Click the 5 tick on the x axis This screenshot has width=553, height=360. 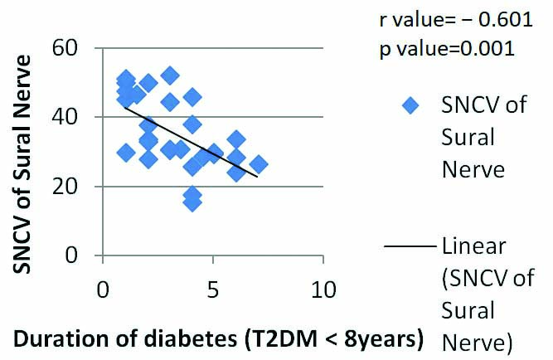pos(213,292)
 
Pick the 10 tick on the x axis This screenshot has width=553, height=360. pos(323,292)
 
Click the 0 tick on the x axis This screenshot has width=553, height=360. pos(103,292)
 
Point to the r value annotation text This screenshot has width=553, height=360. pos(447,19)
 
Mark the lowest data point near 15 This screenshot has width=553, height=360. pos(192,202)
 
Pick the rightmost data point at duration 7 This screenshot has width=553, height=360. pos(259,164)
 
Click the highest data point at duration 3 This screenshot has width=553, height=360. pos(170,75)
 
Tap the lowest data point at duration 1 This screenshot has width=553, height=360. pos(126,153)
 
